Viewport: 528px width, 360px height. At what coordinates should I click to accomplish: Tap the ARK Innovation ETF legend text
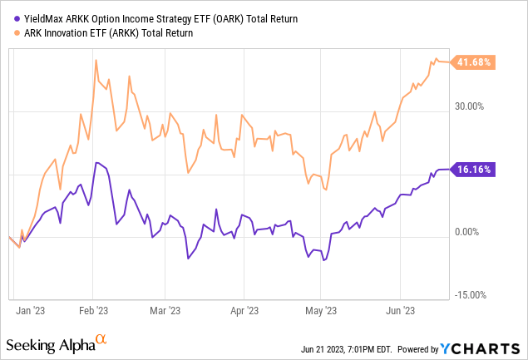[x=105, y=33]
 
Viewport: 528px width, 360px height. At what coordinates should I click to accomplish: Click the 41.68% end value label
[x=475, y=62]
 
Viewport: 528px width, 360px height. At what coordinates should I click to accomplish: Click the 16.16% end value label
[x=475, y=170]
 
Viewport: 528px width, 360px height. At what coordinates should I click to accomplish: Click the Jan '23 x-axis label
[x=30, y=310]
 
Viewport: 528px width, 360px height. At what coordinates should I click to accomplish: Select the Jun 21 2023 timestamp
[x=347, y=348]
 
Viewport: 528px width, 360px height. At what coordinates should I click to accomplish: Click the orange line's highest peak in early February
[x=96, y=60]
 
